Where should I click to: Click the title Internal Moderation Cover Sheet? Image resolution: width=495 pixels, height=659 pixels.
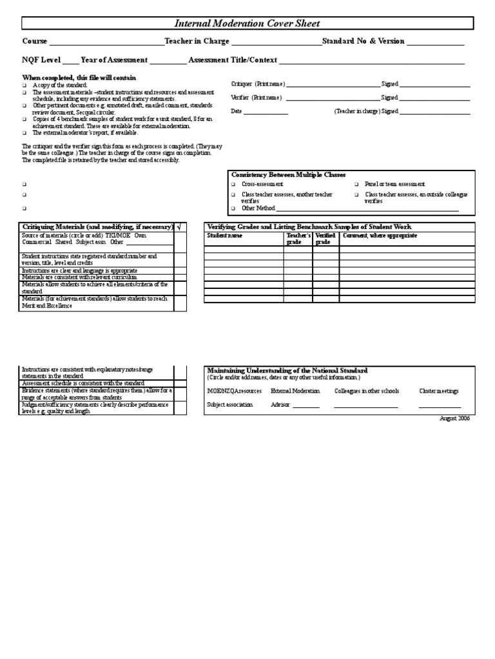247,24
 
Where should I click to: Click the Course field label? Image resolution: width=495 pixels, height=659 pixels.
35,41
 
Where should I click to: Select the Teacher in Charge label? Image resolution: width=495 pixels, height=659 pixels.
197,41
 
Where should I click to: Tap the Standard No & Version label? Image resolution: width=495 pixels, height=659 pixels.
363,41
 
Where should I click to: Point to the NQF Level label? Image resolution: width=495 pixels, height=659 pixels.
41,60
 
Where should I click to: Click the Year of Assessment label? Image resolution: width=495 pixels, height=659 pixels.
114,60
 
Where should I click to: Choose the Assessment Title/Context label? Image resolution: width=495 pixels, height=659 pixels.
233,60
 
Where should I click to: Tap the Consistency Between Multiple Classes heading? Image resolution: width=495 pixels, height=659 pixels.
289,174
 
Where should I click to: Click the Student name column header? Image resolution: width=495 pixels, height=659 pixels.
224,236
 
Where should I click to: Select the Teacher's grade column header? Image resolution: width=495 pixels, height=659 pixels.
298,239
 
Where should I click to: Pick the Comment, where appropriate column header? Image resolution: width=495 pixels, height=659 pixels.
380,236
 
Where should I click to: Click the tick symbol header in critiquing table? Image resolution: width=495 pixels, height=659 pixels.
179,227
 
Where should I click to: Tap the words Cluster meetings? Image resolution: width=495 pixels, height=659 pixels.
438,391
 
